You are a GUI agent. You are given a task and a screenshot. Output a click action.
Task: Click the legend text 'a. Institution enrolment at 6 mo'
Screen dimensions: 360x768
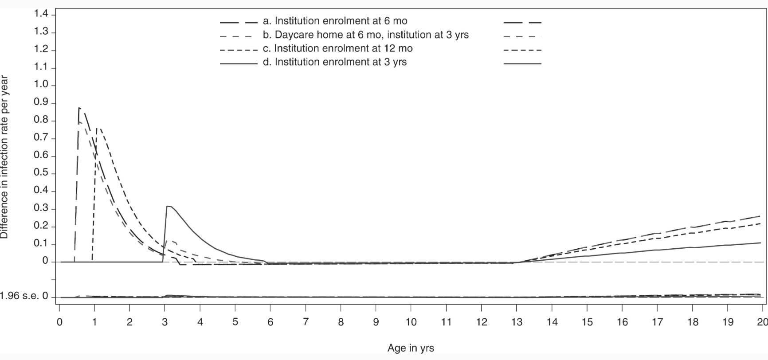tap(335, 21)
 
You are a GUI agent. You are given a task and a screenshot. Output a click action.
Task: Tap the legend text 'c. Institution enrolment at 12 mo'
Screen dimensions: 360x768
tap(337, 48)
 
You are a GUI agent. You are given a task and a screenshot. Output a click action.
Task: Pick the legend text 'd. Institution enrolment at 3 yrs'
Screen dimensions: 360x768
tap(334, 62)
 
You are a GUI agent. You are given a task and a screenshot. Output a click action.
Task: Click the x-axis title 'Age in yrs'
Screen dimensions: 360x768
tap(411, 348)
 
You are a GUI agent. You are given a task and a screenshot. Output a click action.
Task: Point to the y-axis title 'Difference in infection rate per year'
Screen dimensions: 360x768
tap(4, 157)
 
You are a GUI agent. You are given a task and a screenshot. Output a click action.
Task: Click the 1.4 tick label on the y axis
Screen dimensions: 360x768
tap(41, 14)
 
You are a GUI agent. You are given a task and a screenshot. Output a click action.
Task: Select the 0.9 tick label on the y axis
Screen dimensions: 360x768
tap(41, 103)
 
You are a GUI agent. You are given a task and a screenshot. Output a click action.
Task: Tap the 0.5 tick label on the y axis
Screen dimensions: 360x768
tap(41, 173)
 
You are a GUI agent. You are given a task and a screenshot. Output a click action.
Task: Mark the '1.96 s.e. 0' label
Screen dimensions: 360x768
tap(24, 296)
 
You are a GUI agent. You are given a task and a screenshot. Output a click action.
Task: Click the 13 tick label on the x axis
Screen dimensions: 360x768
tap(517, 322)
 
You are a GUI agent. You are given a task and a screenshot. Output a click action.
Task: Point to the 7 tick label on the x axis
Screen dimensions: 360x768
tap(306, 322)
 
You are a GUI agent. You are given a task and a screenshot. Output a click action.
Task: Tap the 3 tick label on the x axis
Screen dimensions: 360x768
tap(165, 322)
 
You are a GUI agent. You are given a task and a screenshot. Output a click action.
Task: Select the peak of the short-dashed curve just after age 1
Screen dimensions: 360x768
tap(98, 128)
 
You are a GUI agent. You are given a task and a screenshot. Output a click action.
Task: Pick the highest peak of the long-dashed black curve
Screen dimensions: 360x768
tap(79, 108)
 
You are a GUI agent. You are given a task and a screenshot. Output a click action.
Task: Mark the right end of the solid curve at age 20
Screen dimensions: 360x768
tap(761, 243)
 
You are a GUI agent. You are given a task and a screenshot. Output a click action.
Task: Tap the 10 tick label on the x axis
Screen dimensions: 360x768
tap(411, 322)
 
